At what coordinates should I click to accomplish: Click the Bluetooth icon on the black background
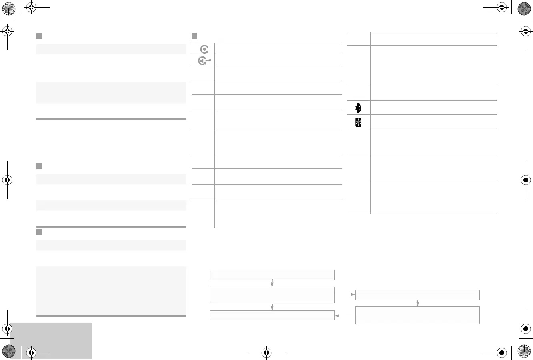click(358, 122)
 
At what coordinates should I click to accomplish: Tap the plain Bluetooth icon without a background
click(359, 108)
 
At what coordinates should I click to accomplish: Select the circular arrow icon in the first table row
click(204, 49)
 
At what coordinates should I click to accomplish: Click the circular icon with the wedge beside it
click(204, 61)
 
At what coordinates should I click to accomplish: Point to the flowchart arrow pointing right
click(345, 294)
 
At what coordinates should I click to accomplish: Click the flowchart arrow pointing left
click(345, 316)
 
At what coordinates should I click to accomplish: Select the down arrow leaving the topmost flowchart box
click(272, 283)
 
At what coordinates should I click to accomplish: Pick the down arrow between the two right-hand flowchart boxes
click(417, 303)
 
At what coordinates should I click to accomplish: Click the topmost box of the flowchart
click(272, 275)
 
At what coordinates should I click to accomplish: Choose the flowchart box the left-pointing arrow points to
click(272, 315)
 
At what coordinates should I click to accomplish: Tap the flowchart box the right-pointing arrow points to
click(417, 295)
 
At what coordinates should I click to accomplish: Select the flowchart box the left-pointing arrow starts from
click(417, 315)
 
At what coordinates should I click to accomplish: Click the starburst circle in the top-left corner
click(8, 8)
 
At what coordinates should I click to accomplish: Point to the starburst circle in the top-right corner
click(524, 8)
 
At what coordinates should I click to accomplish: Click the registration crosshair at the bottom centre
click(266, 353)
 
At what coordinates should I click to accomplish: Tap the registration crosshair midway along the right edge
click(525, 180)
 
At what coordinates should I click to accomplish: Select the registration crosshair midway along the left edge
click(7, 180)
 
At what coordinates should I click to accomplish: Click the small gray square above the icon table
click(195, 36)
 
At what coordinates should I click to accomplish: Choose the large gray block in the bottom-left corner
click(51, 341)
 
